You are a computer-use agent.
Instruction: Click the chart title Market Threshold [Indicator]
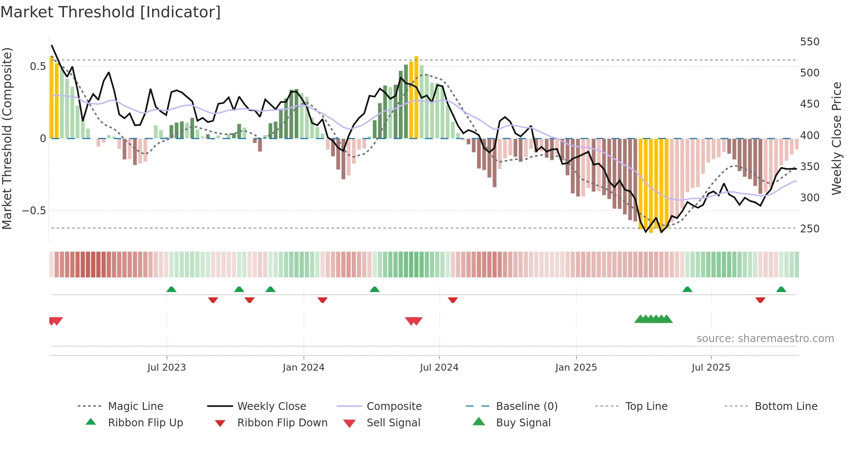111,12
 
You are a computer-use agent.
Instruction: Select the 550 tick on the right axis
809,42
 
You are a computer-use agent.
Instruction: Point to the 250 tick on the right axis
809,228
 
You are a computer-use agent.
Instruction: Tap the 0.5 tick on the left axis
38,67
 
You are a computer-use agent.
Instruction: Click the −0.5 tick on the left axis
34,211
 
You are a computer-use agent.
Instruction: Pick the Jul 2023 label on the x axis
166,368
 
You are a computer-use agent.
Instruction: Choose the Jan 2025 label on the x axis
576,368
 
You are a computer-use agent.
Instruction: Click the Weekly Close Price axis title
837,138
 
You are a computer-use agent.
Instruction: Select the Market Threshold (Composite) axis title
7,138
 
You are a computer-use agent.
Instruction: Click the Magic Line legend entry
135,406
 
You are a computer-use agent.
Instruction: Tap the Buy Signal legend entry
523,423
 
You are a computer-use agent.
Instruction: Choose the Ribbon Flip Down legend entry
282,423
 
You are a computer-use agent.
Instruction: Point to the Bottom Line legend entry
786,406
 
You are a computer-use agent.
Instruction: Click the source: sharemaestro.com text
765,339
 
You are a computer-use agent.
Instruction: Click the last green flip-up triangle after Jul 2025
781,289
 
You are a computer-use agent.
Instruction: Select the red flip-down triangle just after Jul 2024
452,300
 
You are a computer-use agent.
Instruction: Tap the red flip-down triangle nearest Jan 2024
322,300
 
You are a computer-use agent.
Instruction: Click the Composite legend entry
394,406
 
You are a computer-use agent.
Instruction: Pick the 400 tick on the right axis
809,135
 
